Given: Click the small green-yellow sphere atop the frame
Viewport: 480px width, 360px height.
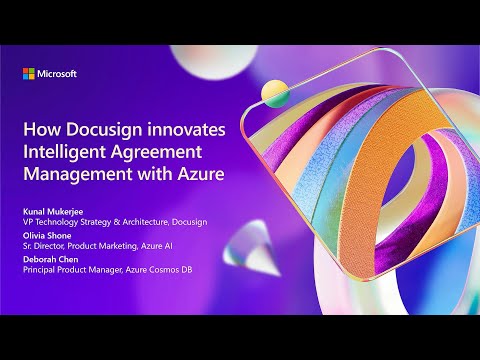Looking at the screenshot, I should (270, 93).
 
